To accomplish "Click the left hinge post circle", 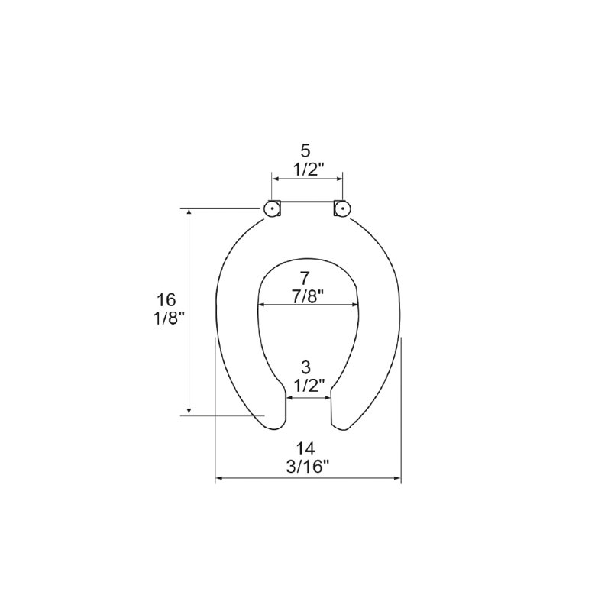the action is (x=272, y=209).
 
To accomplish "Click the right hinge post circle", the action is (x=342, y=209).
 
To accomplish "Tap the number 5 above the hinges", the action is (x=306, y=151).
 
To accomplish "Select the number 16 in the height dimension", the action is (x=166, y=300).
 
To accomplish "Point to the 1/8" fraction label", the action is (x=168, y=319).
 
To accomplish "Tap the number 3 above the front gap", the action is (x=306, y=367).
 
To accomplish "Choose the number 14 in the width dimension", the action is (x=305, y=448).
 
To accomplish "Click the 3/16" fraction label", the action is (x=308, y=467).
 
